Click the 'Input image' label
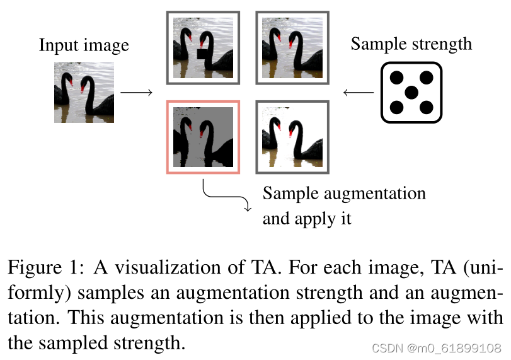tap(84, 46)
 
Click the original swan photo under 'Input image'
tap(84, 92)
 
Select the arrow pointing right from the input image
tap(136, 93)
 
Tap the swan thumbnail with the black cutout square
tap(203, 47)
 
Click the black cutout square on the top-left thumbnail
tap(203, 55)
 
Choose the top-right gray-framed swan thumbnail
tap(292, 47)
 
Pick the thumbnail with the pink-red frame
tap(203, 136)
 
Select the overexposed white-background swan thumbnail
tap(292, 136)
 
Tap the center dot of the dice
tap(411, 93)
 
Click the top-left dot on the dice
tap(397, 78)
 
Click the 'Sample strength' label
tap(411, 44)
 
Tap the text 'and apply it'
tap(306, 219)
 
